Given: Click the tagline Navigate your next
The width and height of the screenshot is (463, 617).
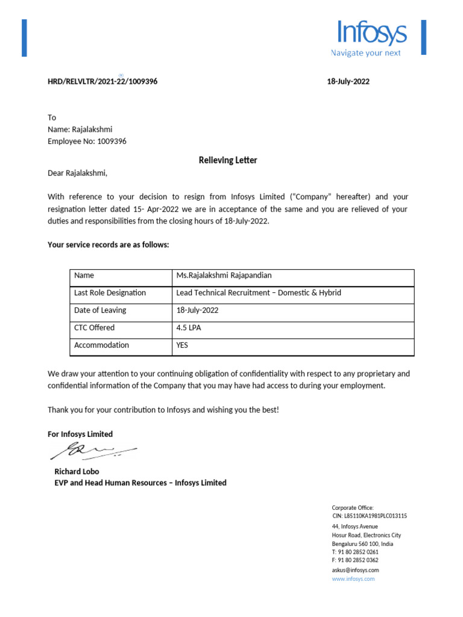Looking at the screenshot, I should [366, 53].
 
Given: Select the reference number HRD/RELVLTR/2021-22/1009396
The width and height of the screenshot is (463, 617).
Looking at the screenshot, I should [102, 81].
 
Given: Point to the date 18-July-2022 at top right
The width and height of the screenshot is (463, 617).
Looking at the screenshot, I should [348, 81].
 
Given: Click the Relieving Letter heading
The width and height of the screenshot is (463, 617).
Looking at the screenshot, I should [228, 160].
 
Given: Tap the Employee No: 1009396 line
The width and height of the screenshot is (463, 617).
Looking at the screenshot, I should [87, 142].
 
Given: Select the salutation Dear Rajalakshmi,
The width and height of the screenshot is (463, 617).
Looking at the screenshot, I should [77, 174].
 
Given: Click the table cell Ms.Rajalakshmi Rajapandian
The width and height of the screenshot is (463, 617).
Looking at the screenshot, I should [224, 275].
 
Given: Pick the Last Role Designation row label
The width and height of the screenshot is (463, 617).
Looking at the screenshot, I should [110, 293].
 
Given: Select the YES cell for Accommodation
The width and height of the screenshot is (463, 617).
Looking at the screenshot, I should [182, 345].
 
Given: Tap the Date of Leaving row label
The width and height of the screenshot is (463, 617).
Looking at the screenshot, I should [100, 310].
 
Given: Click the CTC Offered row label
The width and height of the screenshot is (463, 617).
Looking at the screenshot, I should [94, 328].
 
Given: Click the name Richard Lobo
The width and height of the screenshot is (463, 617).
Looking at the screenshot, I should [77, 471].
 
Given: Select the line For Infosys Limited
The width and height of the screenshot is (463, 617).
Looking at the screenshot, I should [80, 434].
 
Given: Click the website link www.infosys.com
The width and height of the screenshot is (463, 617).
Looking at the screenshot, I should [353, 578].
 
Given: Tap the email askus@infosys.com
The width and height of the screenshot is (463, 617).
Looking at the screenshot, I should [355, 570].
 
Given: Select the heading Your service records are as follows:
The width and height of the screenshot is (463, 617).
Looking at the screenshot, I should [109, 245].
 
